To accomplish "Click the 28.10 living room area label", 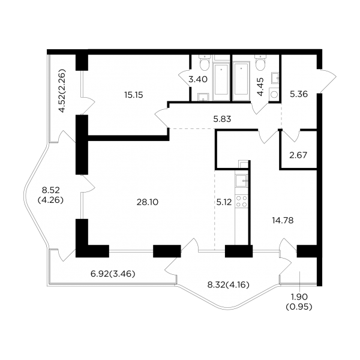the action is click(148, 202).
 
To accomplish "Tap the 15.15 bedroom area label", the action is click(134, 95).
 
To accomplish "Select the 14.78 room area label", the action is click(283, 220).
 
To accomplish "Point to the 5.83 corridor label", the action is click(222, 119).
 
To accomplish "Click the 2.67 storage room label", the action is click(298, 155).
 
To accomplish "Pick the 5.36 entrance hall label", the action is click(299, 94).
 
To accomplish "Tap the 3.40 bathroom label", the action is click(198, 79).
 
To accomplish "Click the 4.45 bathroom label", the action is click(260, 86).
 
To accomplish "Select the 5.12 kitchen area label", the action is click(224, 202).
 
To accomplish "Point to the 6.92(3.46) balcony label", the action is click(113, 274).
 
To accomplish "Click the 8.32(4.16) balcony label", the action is click(228, 285).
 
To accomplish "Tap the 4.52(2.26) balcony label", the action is click(62, 91).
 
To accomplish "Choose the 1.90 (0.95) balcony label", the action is click(299, 302).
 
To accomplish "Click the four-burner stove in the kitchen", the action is click(242, 201).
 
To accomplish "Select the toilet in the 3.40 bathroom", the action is click(204, 62).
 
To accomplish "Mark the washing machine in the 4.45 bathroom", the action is click(274, 94).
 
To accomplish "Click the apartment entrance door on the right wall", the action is click(327, 81).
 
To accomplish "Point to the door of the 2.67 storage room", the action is click(291, 136).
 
